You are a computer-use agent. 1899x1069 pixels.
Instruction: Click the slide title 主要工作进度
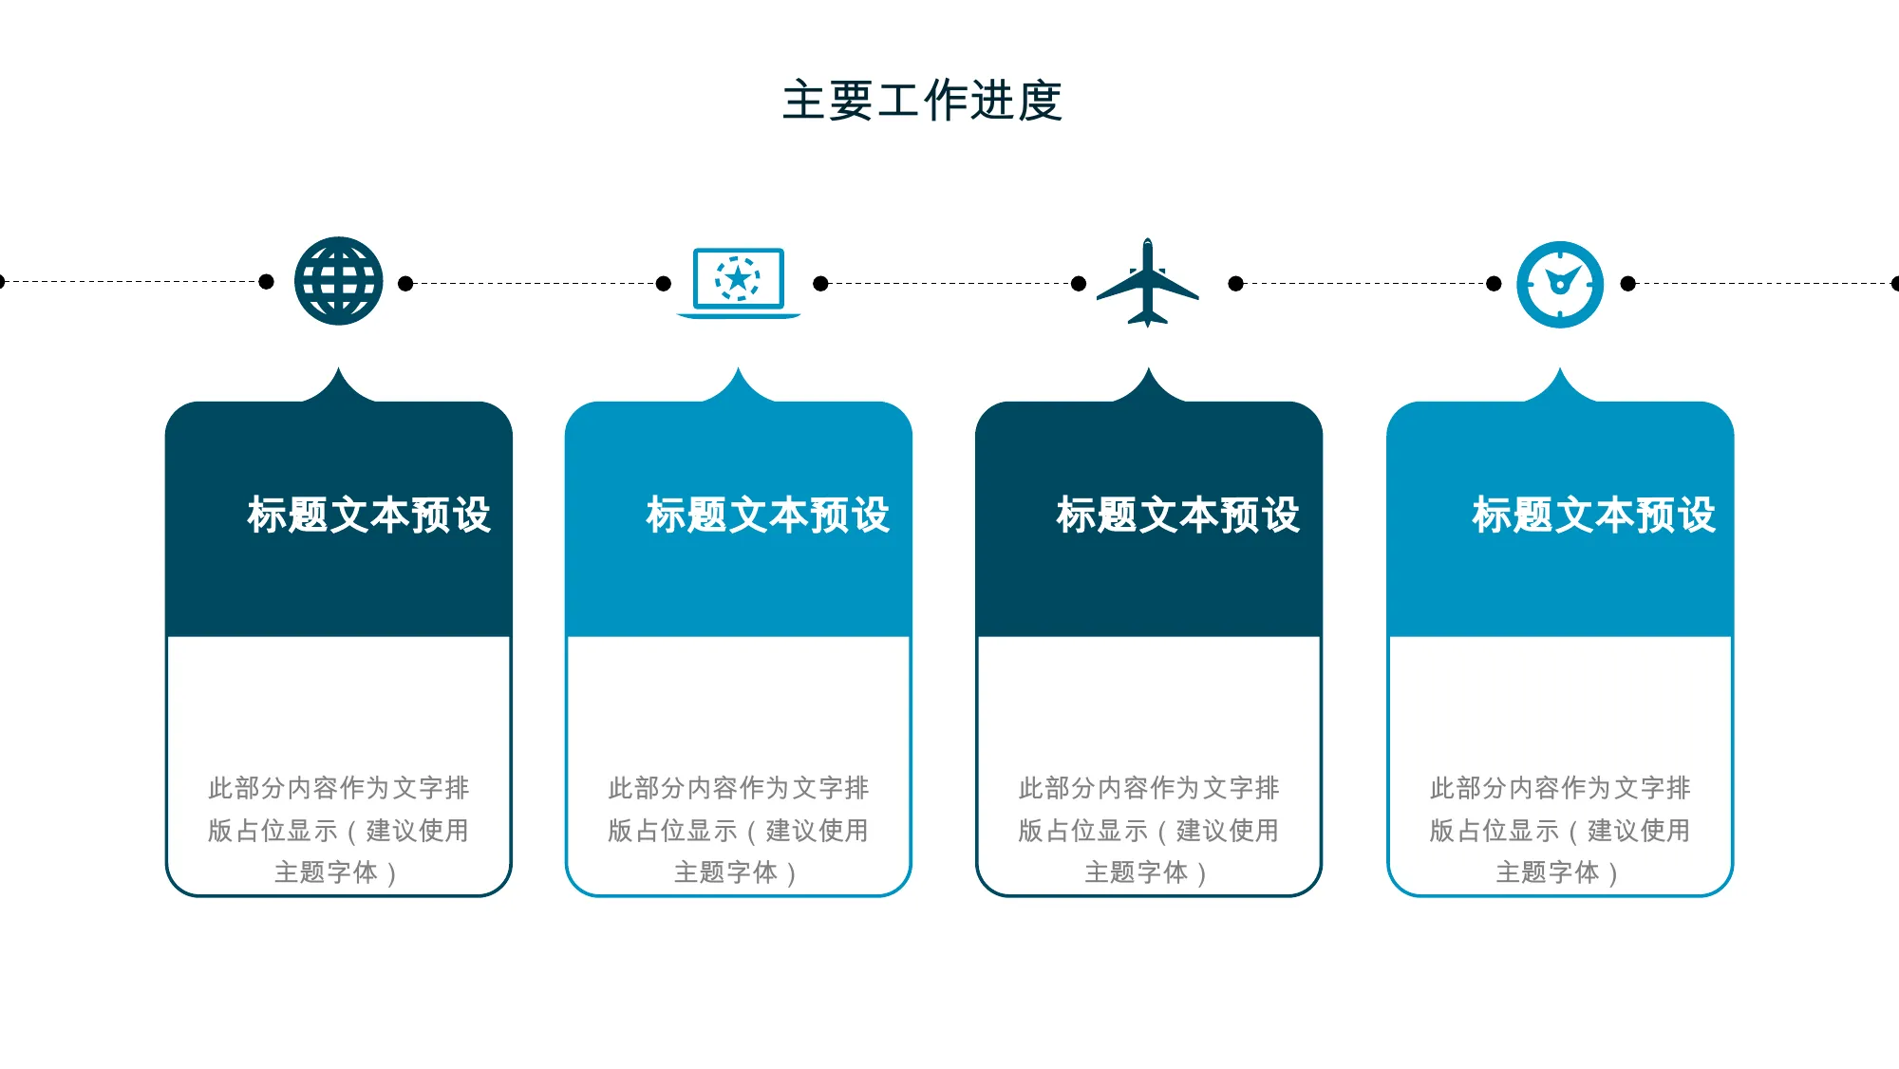[x=922, y=101]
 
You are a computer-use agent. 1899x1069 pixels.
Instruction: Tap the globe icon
[x=339, y=281]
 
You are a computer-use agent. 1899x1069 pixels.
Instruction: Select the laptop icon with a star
[x=739, y=283]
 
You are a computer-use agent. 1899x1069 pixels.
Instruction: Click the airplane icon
[x=1148, y=283]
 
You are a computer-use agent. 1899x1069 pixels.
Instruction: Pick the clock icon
[x=1560, y=284]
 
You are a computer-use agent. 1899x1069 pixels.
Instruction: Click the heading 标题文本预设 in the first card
[x=368, y=516]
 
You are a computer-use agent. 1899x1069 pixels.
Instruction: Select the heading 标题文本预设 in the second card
[x=768, y=516]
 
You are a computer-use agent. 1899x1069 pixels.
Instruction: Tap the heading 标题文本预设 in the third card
[x=1178, y=516]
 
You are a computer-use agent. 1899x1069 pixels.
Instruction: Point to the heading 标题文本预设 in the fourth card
[x=1594, y=516]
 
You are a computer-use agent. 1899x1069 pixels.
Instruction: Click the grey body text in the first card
[x=339, y=830]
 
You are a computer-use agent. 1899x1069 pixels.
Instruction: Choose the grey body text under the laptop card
[x=739, y=830]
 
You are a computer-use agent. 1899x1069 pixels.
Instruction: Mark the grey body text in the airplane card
[x=1149, y=830]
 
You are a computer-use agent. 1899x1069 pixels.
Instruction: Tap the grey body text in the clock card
[x=1560, y=830]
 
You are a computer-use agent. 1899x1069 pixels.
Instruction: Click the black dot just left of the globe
[x=267, y=281]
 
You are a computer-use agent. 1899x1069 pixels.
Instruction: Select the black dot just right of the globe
[x=405, y=283]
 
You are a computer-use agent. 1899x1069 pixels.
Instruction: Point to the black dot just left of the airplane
[x=1079, y=283]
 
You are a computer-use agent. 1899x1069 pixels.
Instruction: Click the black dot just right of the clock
[x=1628, y=283]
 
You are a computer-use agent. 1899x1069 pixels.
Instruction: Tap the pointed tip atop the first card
[x=339, y=368]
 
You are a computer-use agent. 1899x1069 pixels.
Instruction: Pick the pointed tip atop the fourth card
[x=1560, y=368]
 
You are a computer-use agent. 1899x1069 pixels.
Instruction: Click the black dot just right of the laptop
[x=821, y=283]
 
